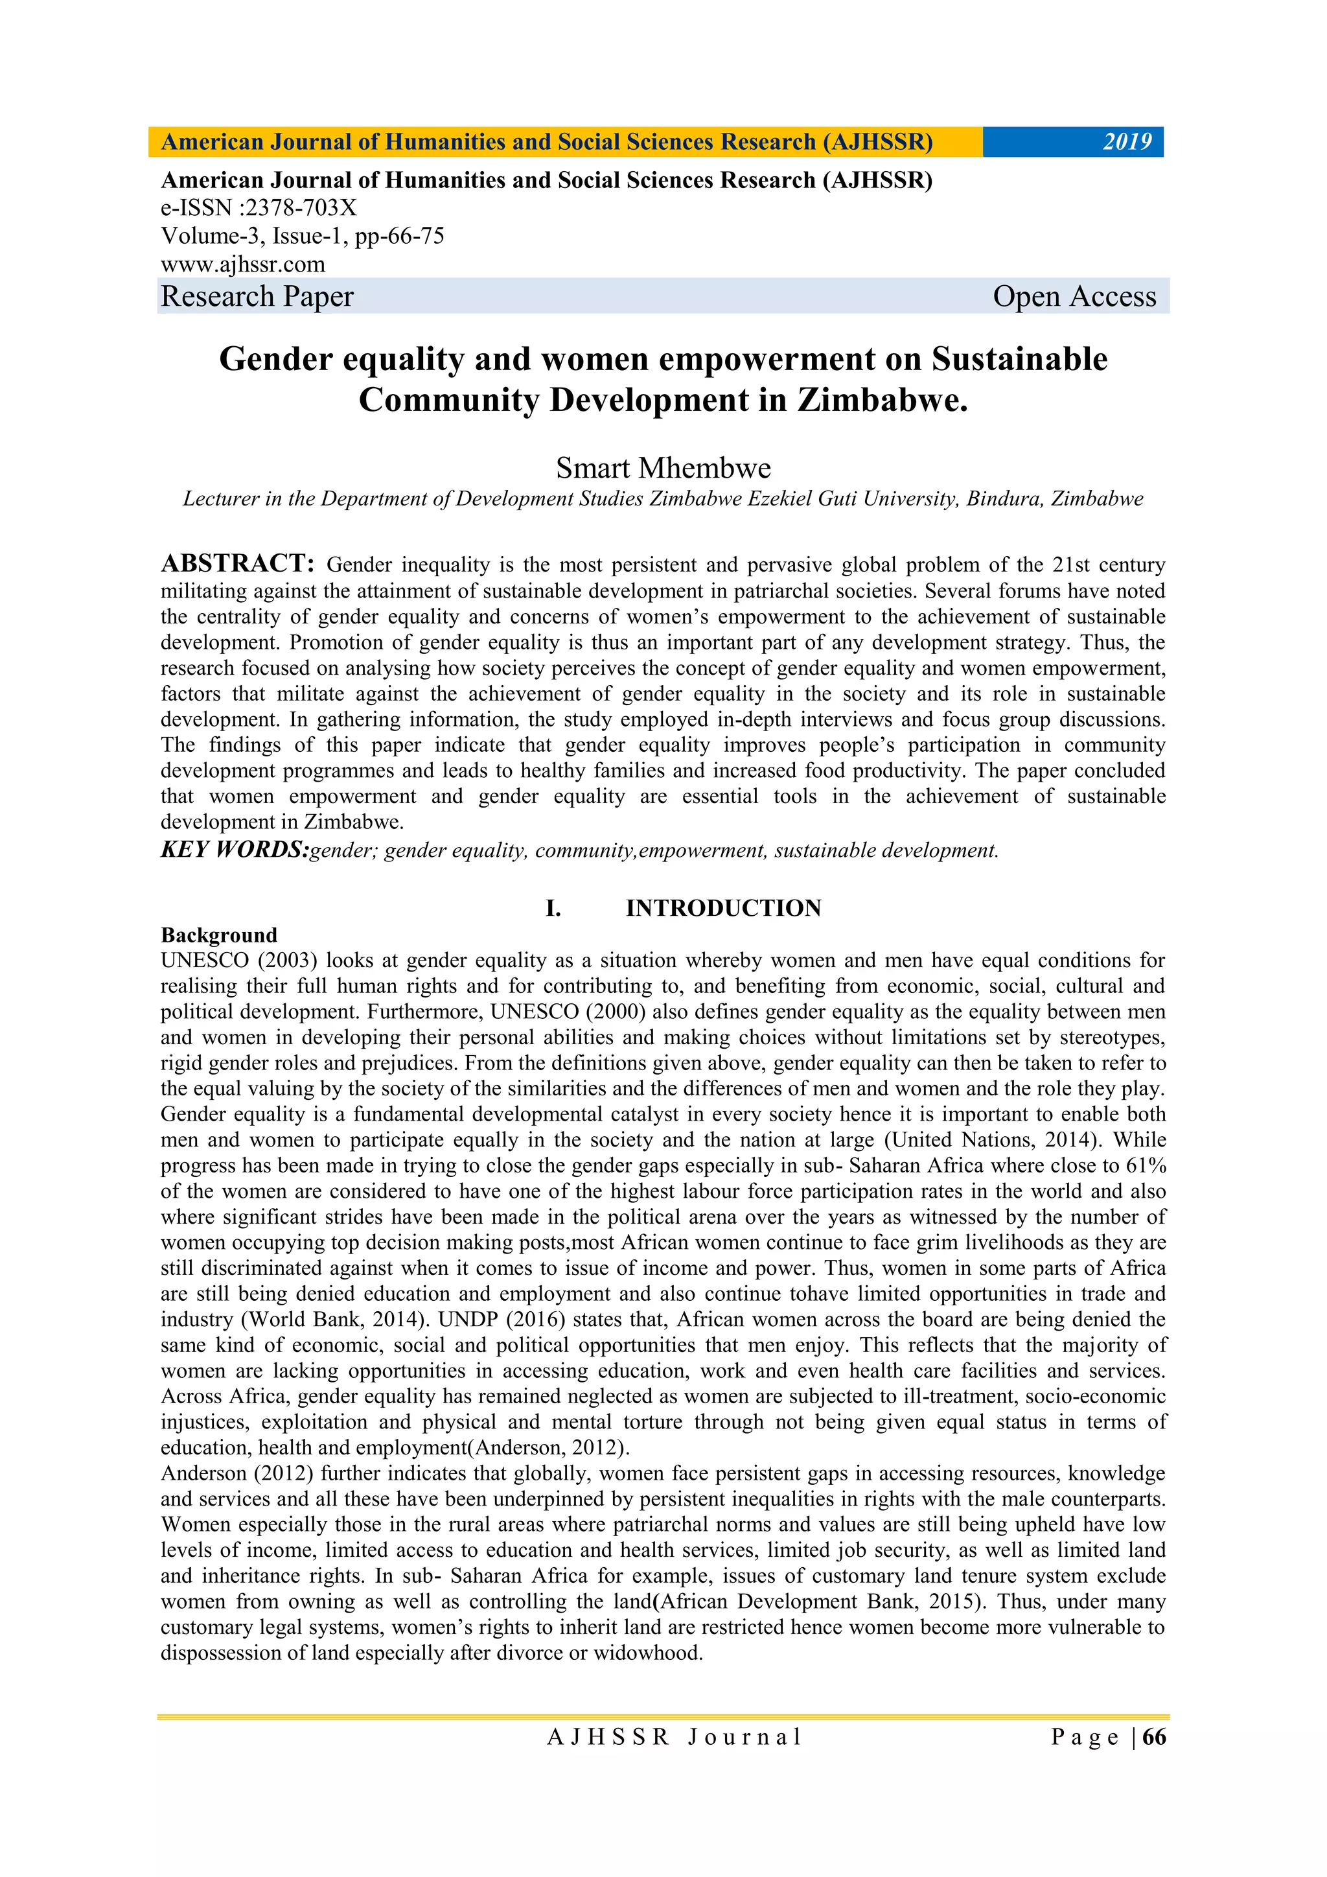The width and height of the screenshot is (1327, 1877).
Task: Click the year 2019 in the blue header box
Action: (x=1127, y=142)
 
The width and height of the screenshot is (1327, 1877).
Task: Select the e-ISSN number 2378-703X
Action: (x=301, y=209)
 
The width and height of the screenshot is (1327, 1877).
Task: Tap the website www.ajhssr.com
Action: (x=243, y=264)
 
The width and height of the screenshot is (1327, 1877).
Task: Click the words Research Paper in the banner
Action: (x=257, y=296)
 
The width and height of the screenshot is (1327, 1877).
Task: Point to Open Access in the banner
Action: (x=1074, y=296)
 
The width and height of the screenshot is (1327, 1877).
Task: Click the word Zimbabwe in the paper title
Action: (x=881, y=400)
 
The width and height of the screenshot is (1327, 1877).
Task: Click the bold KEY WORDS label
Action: (x=235, y=850)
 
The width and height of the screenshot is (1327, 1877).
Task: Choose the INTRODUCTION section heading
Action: (x=722, y=908)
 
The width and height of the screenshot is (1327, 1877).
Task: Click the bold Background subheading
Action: (x=219, y=935)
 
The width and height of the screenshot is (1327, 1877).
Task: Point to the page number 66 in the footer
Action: (x=1154, y=1736)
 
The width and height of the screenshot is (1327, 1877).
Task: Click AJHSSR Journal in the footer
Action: (x=674, y=1737)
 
